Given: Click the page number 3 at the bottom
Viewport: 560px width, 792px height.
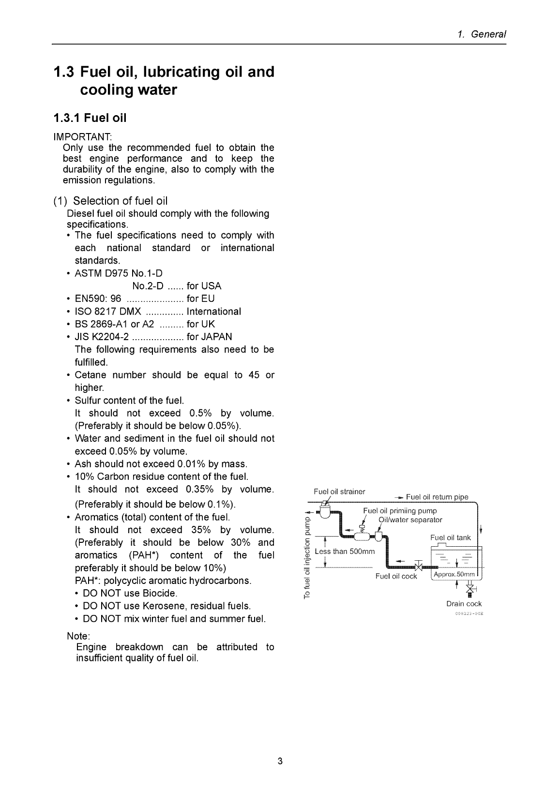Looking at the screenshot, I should (280, 762).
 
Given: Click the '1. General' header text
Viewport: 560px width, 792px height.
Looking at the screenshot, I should (482, 34).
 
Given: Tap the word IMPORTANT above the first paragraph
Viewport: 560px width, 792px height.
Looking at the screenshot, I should (82, 136).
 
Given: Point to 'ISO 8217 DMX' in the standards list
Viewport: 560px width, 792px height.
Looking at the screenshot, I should (108, 312).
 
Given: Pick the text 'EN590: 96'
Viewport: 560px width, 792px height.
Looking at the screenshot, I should (98, 299).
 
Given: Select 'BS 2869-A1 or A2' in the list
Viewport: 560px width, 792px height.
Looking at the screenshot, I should (114, 324).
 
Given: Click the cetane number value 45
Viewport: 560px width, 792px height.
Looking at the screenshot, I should (254, 375).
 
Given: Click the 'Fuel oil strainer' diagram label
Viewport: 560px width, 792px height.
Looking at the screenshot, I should (339, 492).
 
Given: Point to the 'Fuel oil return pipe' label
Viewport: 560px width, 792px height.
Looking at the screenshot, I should (437, 497).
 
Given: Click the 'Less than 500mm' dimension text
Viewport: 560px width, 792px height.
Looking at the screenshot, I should (345, 552).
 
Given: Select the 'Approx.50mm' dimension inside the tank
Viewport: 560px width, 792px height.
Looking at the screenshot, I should (455, 574).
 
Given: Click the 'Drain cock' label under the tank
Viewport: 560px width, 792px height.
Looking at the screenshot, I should (464, 604).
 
